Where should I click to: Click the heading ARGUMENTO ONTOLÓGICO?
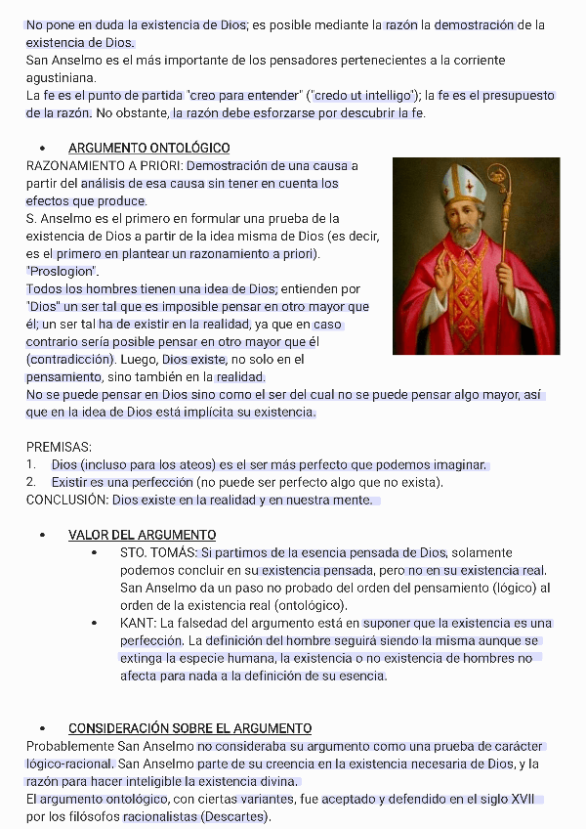tap(148, 148)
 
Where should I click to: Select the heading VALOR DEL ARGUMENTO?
tap(142, 535)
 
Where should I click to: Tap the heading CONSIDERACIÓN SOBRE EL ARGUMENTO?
tap(189, 728)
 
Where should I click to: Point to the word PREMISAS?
tap(59, 447)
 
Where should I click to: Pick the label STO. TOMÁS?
tap(157, 552)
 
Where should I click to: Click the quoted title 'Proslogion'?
tap(63, 271)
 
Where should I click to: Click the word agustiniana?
tap(61, 77)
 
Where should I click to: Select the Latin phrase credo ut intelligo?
tap(363, 95)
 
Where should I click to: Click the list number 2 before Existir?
tap(31, 482)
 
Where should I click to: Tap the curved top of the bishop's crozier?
tap(499, 177)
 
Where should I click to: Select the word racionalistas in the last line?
tap(159, 816)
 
